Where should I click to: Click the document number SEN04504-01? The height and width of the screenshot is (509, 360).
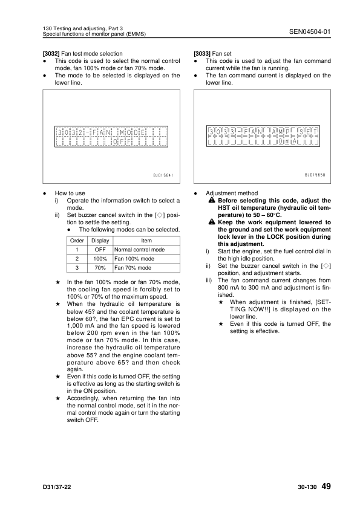(310, 31)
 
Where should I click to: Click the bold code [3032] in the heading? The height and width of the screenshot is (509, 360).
(51, 54)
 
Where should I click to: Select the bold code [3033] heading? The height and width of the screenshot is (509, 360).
(202, 54)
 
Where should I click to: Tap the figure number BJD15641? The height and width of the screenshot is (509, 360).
(163, 175)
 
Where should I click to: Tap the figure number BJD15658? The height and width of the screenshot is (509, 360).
(315, 175)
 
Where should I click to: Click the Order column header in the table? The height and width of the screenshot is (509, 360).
(77, 241)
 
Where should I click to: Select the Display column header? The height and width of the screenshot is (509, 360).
(100, 241)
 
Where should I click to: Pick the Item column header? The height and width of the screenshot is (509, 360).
(146, 241)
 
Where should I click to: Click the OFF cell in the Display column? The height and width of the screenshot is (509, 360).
(100, 250)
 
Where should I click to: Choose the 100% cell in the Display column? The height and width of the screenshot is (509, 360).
(100, 259)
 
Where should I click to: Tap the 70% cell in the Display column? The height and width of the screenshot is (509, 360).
(100, 268)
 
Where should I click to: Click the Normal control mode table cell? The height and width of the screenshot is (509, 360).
(139, 250)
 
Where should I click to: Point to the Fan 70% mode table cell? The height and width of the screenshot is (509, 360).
(133, 268)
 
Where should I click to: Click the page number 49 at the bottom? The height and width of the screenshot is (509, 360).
(326, 486)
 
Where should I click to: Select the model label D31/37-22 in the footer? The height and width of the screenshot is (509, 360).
(56, 487)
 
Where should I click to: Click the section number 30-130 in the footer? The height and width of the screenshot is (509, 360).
(307, 487)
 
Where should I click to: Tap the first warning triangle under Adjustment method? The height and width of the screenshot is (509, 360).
(212, 200)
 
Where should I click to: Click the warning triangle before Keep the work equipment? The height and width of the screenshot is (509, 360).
(212, 222)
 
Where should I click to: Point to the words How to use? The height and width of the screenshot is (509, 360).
(70, 193)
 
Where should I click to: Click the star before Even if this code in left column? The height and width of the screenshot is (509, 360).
(58, 377)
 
